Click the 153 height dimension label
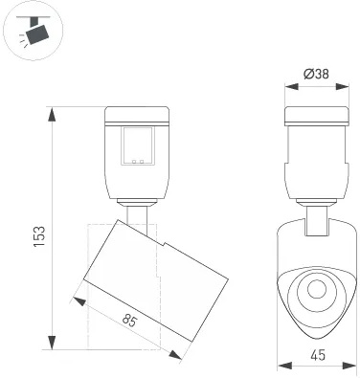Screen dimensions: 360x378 tap(39, 236)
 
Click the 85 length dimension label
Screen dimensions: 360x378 tap(129, 321)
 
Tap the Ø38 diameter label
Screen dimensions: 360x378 tap(316, 74)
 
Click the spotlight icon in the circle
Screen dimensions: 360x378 tap(35, 31)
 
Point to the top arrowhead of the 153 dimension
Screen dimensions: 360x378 tap(52, 114)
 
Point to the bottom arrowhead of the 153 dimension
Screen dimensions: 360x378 tap(52, 343)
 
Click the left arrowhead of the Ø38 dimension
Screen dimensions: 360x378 tap(291, 86)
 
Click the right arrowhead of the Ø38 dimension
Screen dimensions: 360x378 tap(342, 86)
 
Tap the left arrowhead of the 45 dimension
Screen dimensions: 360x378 tap(284, 366)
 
